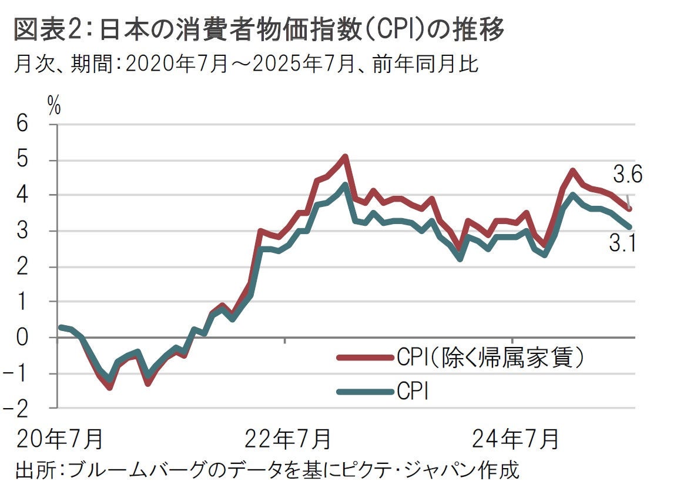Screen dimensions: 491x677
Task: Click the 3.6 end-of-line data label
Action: pos(628,174)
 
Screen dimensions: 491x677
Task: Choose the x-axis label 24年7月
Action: pos(515,440)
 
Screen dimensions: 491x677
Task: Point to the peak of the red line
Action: pos(345,156)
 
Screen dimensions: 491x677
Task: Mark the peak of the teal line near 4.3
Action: pos(345,185)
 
